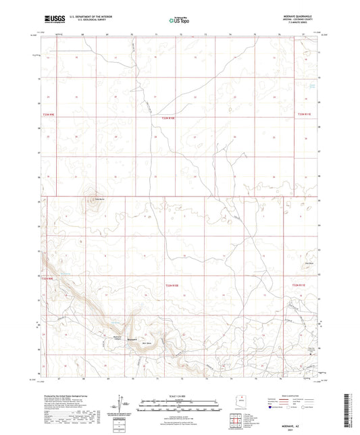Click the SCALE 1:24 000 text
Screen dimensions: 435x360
(179, 395)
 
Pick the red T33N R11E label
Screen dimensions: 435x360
(307, 116)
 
